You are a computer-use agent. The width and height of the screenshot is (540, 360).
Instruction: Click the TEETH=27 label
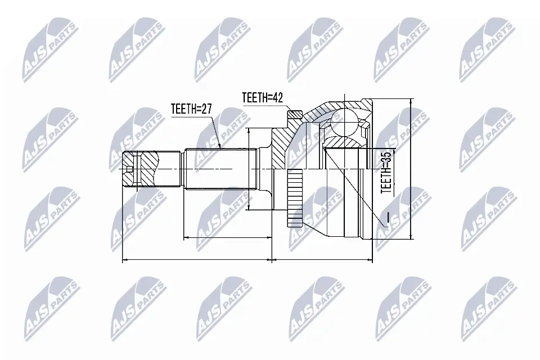pyautogui.click(x=191, y=109)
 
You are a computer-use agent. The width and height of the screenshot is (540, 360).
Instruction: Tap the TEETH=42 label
pyautogui.click(x=263, y=97)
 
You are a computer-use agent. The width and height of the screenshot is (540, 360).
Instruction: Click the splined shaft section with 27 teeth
pyautogui.click(x=220, y=169)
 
